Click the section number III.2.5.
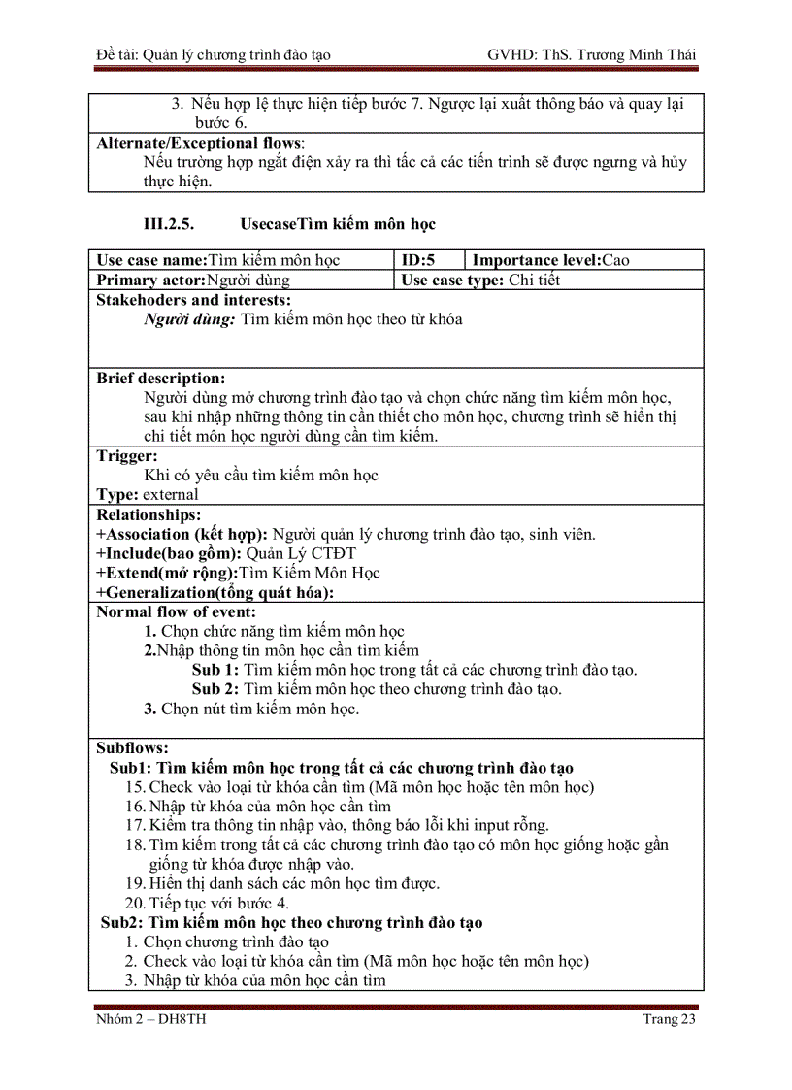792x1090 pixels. click(169, 224)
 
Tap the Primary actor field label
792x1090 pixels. click(151, 281)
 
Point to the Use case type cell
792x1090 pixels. click(480, 281)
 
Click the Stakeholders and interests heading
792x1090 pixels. click(194, 300)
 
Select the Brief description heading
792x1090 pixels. click(161, 378)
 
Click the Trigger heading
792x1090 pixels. click(127, 455)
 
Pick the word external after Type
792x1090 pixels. click(171, 494)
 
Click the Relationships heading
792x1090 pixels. click(148, 514)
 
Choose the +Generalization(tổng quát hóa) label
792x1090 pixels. click(214, 592)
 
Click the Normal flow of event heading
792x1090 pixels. click(177, 611)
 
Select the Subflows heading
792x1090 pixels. click(133, 748)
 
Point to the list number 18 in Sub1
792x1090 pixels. click(135, 845)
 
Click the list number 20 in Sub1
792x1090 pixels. click(135, 903)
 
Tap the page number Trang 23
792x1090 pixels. click(670, 1019)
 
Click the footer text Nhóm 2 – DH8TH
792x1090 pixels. click(150, 1019)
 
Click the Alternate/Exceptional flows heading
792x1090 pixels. click(200, 143)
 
